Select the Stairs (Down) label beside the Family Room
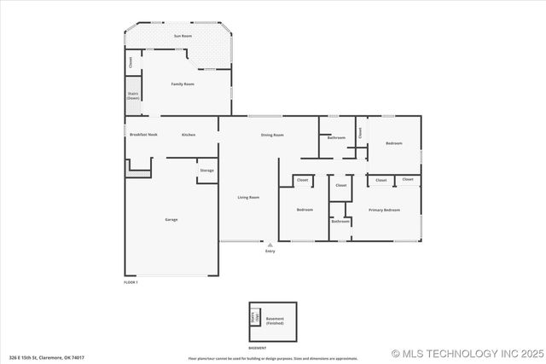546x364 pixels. coord(133,96)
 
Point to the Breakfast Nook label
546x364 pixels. coord(143,135)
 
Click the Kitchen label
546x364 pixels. coord(189,135)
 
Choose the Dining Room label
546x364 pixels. coord(272,135)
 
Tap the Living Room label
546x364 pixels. coord(248,197)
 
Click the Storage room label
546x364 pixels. coord(206,170)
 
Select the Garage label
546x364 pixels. coord(171,220)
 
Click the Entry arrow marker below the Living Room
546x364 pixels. coord(270,245)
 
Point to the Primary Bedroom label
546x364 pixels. coord(384,209)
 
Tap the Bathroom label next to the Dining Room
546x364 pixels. coord(336,137)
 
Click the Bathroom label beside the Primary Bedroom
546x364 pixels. coord(340,221)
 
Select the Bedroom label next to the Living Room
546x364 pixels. coord(305,209)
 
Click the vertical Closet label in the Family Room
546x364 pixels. coord(131,61)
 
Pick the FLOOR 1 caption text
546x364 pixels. coord(131,281)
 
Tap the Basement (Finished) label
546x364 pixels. coord(275,321)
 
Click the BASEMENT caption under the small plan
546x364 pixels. coord(257,348)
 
